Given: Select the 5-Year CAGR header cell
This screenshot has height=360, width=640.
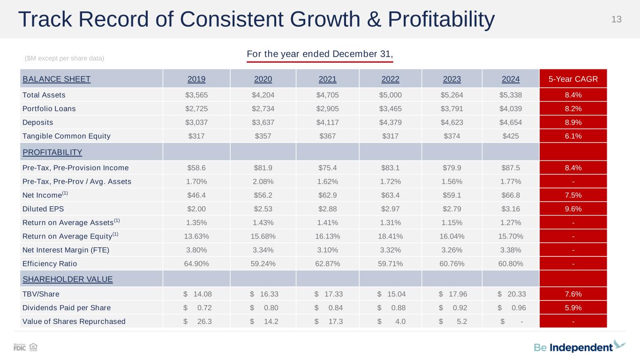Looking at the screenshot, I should coord(573,79).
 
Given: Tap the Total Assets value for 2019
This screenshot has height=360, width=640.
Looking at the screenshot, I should coord(196,95).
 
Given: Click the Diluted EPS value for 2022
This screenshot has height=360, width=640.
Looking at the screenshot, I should coord(390,209).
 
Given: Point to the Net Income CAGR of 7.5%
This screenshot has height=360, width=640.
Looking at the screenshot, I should coord(573,195).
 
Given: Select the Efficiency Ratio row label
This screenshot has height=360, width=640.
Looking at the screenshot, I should coord(50,263).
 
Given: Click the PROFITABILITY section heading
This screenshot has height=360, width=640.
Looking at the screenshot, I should coord(53,152).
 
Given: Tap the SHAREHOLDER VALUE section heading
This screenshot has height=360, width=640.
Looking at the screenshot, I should coord(68,279).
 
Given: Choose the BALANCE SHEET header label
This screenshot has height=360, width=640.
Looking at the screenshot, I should coord(56,79).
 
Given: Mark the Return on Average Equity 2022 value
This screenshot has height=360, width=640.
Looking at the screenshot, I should coord(390,236).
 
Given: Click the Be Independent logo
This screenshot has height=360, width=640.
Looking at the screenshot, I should coord(580,347).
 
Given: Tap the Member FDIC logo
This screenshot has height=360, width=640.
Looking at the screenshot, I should coord(20,347).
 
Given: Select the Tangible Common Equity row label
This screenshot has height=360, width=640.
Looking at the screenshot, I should coord(67,136).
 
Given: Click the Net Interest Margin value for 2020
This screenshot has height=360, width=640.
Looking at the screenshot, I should coord(263,250).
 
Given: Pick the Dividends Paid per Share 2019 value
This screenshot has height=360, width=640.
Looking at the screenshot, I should coord(196,308).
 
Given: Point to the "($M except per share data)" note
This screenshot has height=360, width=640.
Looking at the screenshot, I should coord(64,58).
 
